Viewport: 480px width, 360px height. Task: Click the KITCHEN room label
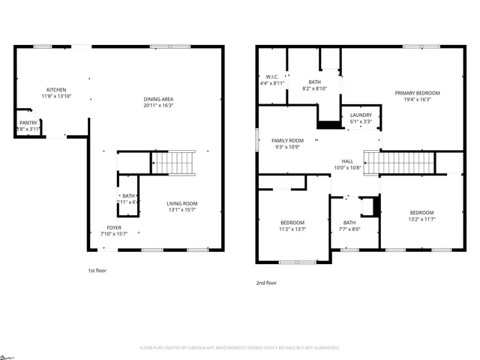56,89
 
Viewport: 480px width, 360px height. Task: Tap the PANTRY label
28,122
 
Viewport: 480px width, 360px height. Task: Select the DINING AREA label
158,99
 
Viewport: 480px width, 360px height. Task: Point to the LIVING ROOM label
181,203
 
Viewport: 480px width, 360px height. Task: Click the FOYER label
113,227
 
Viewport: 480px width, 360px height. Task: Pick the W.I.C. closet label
272,76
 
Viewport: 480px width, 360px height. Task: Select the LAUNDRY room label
361,115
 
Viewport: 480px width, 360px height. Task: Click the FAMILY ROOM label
287,140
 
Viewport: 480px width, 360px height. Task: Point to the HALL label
347,160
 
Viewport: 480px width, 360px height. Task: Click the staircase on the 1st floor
181,162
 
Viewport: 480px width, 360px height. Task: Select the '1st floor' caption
97,270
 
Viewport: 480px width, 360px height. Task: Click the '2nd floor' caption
266,283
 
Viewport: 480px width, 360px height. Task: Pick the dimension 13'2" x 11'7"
421,219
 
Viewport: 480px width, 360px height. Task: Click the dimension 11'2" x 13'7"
292,229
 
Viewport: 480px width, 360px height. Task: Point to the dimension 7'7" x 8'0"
349,229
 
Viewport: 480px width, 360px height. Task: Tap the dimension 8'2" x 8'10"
316,88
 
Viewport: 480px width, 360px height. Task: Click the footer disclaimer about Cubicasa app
240,348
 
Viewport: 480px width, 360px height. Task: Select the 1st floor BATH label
129,196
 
